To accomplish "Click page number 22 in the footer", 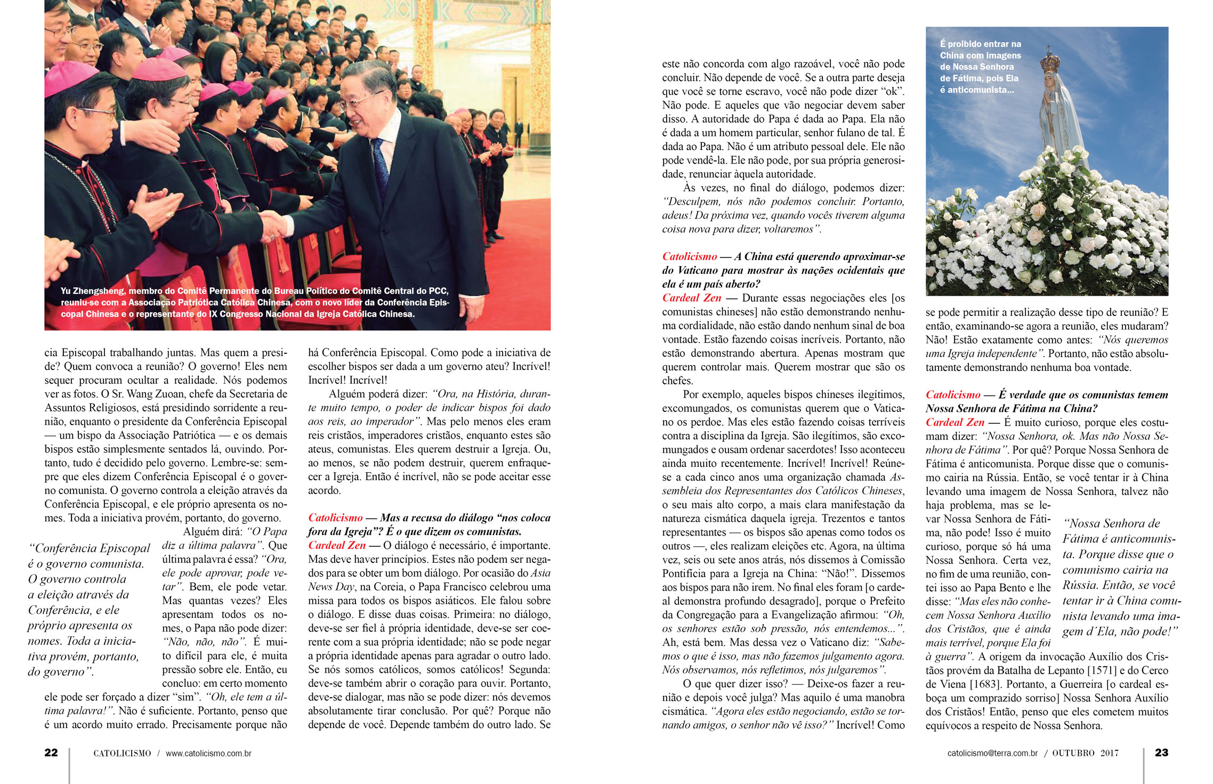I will click(x=51, y=753).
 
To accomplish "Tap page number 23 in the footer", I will click(x=1161, y=753).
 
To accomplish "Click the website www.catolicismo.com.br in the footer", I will click(x=208, y=754).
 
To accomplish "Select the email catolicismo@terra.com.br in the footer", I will click(x=992, y=753).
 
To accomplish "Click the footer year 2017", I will click(x=1110, y=753).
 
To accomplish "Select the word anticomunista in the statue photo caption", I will click(x=973, y=90).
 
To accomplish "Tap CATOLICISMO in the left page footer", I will click(x=122, y=754).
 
